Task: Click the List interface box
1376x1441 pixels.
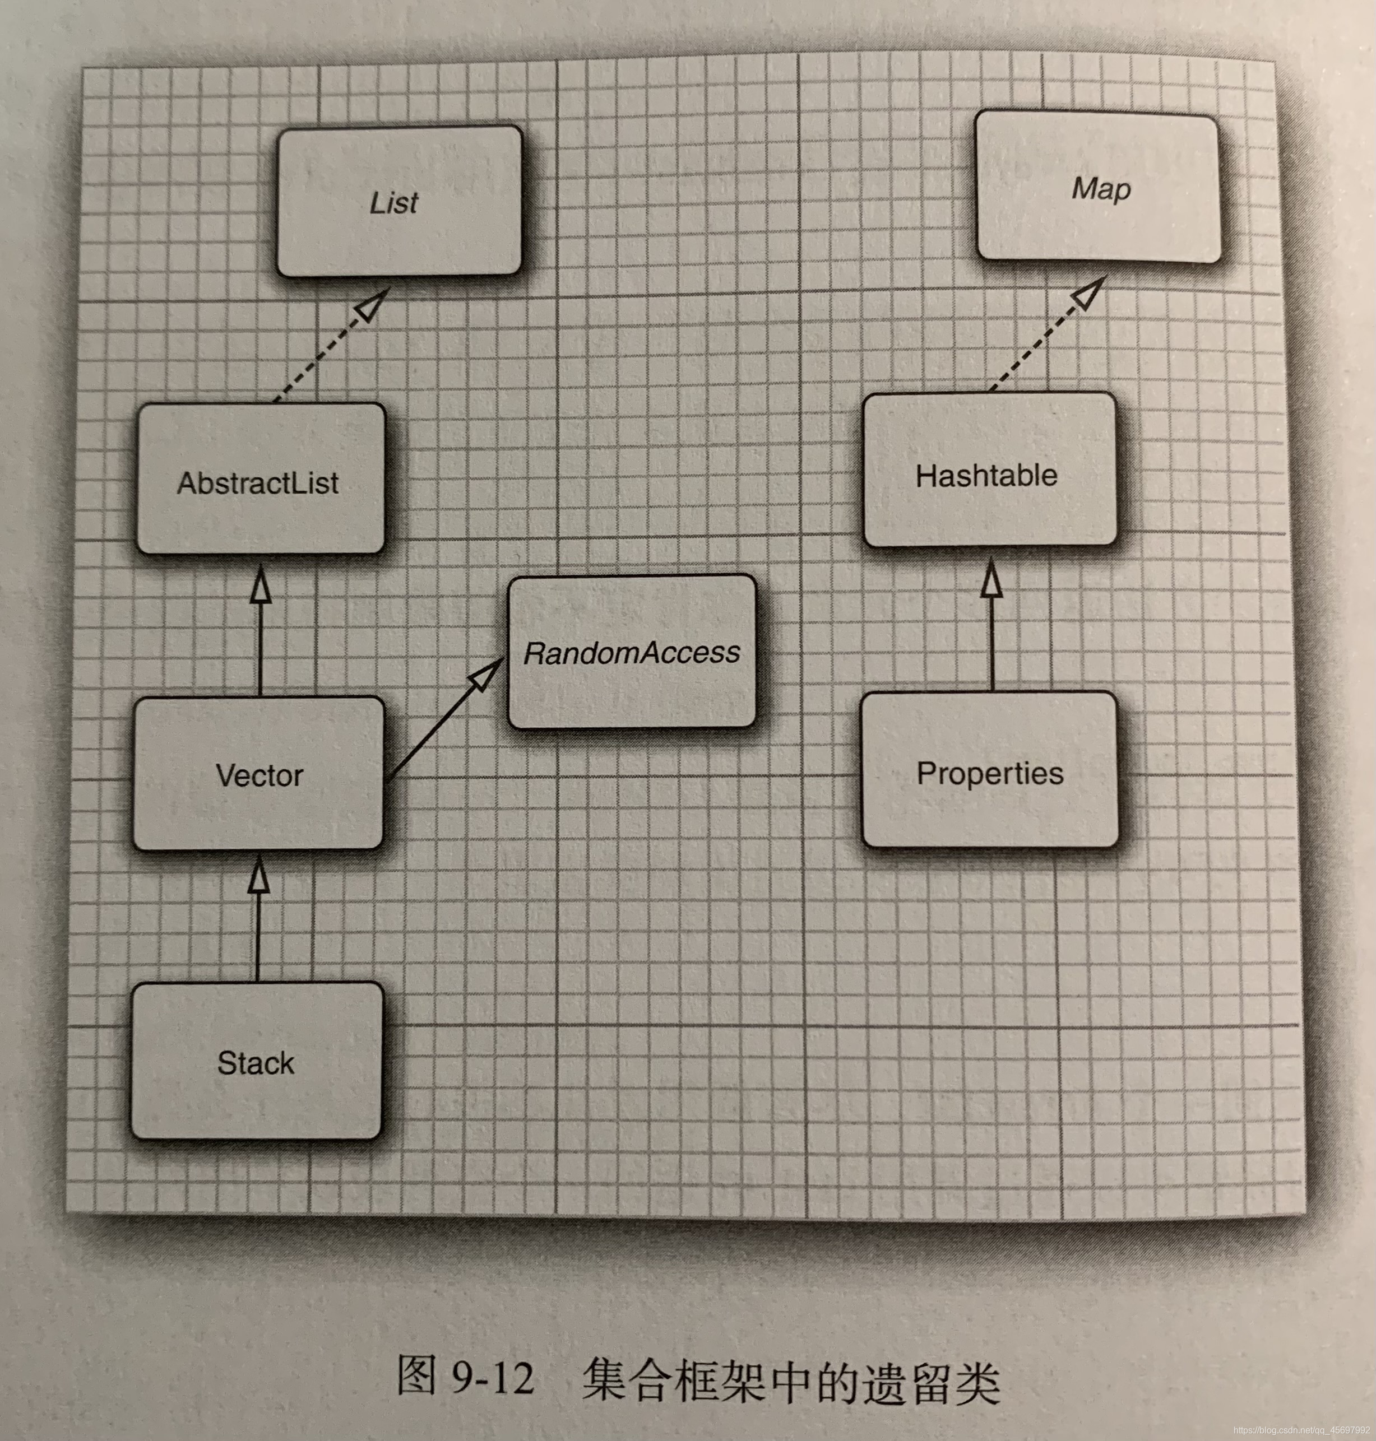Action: pyautogui.click(x=399, y=202)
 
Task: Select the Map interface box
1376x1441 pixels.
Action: pyautogui.click(x=1098, y=188)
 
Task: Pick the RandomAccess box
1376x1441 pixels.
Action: pyautogui.click(x=632, y=652)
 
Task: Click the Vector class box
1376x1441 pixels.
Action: pyautogui.click(x=258, y=774)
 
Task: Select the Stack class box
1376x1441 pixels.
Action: pyautogui.click(x=256, y=1061)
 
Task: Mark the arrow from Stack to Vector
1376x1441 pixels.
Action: pyautogui.click(x=257, y=924)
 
